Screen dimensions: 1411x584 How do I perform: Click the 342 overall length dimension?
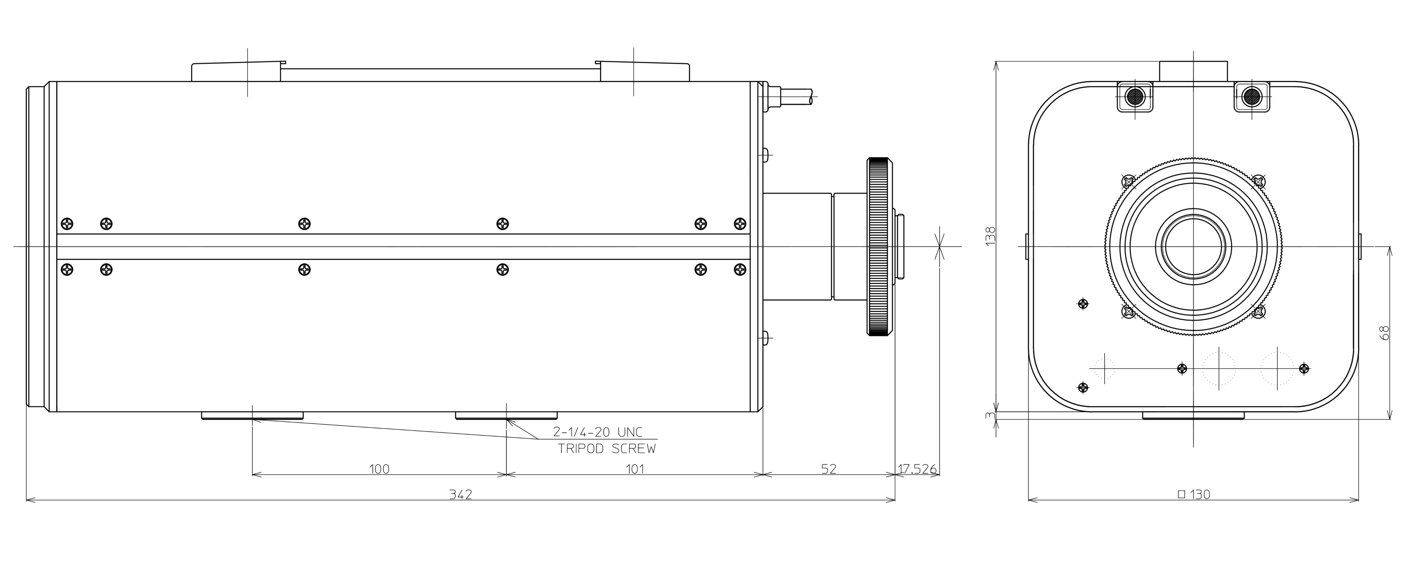[461, 494]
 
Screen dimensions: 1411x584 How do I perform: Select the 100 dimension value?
[380, 469]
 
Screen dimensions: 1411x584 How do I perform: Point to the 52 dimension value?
[829, 469]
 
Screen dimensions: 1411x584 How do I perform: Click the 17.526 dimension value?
[917, 469]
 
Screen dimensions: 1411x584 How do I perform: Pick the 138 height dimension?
[990, 236]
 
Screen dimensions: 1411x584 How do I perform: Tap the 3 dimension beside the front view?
[989, 415]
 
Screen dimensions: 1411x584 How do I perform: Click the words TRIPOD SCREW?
[607, 449]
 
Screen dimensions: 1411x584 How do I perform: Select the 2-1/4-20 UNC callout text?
[598, 432]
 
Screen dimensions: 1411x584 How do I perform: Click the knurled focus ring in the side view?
[880, 246]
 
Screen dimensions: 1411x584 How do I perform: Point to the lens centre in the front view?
[1193, 246]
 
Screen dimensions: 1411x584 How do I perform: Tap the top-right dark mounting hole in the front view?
[1252, 97]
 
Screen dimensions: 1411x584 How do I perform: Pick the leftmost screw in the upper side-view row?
[67, 224]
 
